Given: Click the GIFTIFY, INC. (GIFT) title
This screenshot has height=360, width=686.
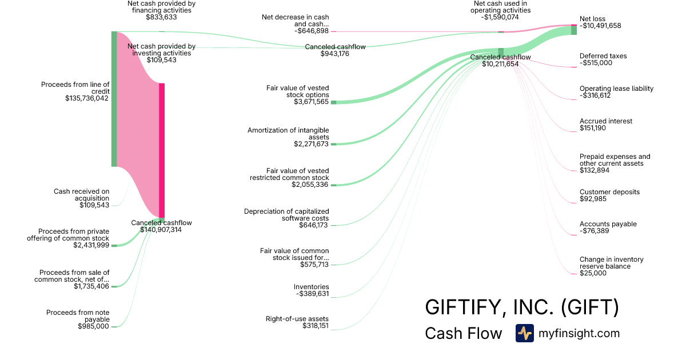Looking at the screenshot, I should point(521,307).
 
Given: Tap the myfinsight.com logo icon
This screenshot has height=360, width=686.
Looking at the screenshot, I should point(524,333).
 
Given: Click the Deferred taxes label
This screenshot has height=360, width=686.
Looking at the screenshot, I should point(603,56).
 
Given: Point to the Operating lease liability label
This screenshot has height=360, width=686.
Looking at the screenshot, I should point(616,89).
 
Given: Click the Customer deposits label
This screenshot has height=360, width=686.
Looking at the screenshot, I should point(609,192).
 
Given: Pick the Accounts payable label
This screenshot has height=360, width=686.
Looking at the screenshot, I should point(608,224).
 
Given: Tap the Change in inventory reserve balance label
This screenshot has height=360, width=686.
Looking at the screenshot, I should point(611,263).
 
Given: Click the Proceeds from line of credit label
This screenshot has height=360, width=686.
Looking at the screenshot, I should point(75,88).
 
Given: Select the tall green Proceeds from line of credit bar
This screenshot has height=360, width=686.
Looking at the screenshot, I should point(114,99).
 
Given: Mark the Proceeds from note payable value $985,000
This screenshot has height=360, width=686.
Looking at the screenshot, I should point(93,326).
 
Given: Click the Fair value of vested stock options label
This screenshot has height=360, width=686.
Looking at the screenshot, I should point(297,91).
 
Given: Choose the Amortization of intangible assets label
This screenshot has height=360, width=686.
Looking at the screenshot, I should point(288,134).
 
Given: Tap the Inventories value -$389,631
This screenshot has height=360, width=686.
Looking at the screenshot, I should point(312,294).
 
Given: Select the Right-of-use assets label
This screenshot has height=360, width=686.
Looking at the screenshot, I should point(297,319).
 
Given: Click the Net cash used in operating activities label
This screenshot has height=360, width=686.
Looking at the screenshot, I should point(502,7).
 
